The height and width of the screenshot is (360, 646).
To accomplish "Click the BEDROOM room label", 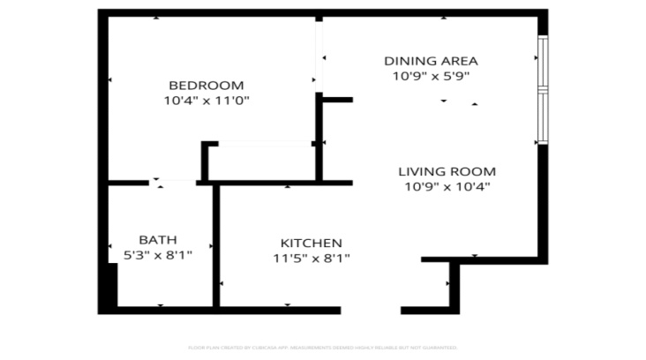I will (206, 86).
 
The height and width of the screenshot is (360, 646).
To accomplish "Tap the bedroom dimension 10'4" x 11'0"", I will (206, 101).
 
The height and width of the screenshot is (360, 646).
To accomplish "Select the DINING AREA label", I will (431, 61).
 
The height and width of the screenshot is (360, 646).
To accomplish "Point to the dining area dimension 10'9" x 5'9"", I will (431, 76).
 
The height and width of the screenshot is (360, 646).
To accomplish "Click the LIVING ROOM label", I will (447, 171).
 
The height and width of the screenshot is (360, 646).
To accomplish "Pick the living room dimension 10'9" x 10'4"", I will (447, 186).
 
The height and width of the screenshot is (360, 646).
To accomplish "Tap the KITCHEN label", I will (311, 244).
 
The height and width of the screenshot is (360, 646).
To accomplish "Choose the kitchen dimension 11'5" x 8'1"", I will (311, 259).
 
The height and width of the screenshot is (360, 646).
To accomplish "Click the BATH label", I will (158, 240).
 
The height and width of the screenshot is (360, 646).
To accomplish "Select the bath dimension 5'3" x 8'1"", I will (158, 255).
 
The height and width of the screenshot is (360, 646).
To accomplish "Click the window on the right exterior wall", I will (543, 90).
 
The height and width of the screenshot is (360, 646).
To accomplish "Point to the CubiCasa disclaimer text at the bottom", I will (322, 348).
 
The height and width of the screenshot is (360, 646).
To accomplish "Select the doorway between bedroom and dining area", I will (319, 55).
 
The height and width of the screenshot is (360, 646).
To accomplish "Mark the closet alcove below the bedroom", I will (261, 161).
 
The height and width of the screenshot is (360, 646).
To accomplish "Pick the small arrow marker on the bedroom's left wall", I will (109, 80).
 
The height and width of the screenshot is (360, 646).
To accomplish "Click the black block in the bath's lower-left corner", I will (107, 287).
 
